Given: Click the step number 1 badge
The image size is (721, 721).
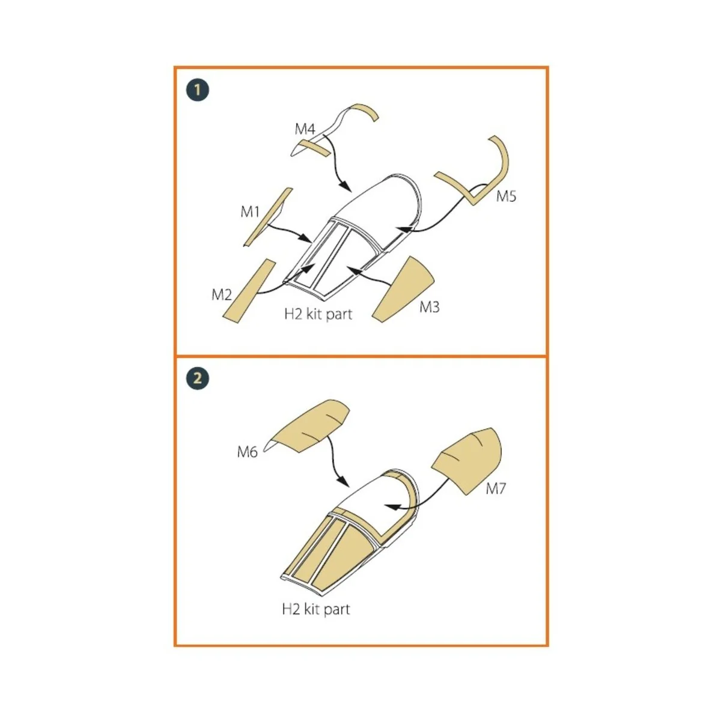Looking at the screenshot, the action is pyautogui.click(x=197, y=90).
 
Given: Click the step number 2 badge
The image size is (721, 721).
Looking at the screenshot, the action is pyautogui.click(x=197, y=379).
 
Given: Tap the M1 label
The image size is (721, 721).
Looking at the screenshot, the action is pyautogui.click(x=250, y=211).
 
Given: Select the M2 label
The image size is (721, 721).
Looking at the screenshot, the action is pyautogui.click(x=222, y=295).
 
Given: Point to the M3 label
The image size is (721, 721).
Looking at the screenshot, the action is pyautogui.click(x=429, y=307).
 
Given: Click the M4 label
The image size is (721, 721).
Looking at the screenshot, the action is pyautogui.click(x=305, y=129).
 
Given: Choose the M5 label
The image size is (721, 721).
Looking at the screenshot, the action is pyautogui.click(x=506, y=196).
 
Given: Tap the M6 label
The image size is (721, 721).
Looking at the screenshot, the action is pyautogui.click(x=248, y=452).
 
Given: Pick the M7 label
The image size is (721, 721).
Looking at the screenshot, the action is pyautogui.click(x=495, y=488).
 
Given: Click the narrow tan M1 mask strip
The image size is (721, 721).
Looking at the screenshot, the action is pyautogui.click(x=268, y=217).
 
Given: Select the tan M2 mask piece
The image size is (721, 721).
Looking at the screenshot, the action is pyautogui.click(x=249, y=291).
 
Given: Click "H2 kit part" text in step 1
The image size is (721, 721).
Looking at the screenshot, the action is pyautogui.click(x=318, y=314).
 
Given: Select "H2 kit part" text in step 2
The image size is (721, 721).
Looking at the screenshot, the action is pyautogui.click(x=316, y=609).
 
